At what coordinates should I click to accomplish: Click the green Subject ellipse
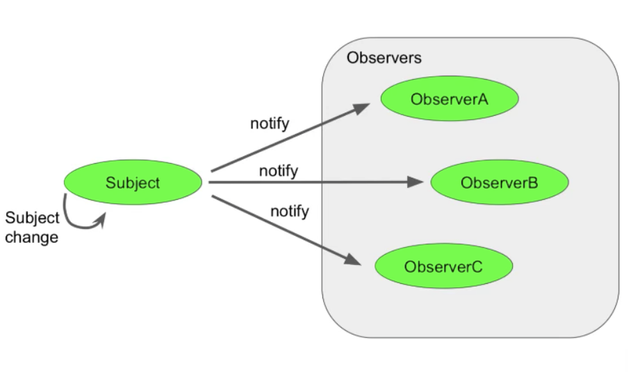point(133,183)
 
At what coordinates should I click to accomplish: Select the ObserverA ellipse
point(450,99)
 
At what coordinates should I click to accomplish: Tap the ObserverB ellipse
point(500,183)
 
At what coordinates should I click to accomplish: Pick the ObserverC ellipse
point(443,267)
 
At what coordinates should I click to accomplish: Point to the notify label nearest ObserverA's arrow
point(270,124)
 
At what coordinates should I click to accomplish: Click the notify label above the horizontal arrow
point(278,170)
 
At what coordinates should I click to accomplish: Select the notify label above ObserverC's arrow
point(289,211)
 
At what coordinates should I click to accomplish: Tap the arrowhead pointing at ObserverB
point(416,183)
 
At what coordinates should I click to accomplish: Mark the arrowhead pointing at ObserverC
point(353,260)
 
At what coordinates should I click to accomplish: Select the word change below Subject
point(31,238)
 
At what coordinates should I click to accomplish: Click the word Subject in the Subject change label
point(32,218)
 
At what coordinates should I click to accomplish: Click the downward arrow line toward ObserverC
point(278,228)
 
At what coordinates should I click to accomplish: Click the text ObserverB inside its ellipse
point(499,183)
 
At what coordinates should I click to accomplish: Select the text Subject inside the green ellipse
point(133,183)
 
